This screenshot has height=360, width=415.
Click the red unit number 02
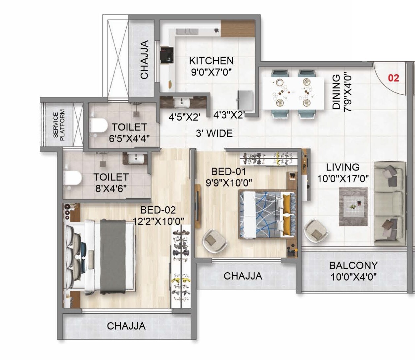[393, 78]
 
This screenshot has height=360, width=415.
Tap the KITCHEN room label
[211, 61]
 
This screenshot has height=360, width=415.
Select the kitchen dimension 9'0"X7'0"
[211, 72]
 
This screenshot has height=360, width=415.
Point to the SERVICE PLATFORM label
[59, 125]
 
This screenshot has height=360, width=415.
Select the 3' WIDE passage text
[214, 133]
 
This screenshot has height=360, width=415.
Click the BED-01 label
[229, 172]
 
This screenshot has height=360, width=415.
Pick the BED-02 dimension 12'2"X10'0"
[158, 221]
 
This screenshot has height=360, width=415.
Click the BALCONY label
[353, 266]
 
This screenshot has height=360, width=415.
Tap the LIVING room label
[343, 167]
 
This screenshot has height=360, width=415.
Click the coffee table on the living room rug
[353, 207]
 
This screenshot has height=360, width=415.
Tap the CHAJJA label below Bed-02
[126, 326]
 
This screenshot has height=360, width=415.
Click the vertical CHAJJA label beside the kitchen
[144, 60]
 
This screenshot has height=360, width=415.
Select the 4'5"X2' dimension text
[185, 117]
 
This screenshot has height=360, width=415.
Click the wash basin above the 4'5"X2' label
[181, 103]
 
